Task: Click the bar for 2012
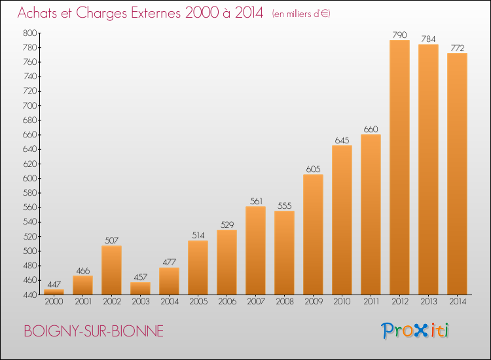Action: coord(399,167)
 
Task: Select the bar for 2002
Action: coord(111,270)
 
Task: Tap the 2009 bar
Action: coord(313,234)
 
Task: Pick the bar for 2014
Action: coord(457,173)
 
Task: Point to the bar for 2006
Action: coord(227,262)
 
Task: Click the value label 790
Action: coord(399,35)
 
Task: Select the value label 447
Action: coord(54,284)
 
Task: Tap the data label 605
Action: coord(313,169)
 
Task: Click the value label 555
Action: coord(284,206)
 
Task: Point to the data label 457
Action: coord(140,277)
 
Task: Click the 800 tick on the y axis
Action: coord(29,33)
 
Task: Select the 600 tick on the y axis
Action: coord(29,178)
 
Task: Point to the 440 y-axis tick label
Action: coord(29,295)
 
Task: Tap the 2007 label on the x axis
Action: coord(256,302)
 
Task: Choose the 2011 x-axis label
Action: coord(371,302)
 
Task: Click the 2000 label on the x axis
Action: coord(54,302)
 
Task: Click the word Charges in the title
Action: coord(101,13)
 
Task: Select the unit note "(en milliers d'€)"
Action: coord(301,14)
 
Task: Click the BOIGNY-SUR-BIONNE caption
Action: coord(94,331)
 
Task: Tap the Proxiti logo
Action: coord(415,331)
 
